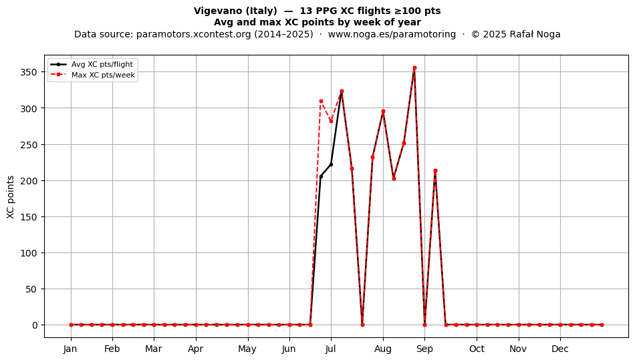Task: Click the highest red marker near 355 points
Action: [x=414, y=68]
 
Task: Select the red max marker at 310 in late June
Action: [x=321, y=101]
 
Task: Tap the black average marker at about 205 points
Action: [x=321, y=177]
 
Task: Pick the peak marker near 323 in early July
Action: [x=342, y=92]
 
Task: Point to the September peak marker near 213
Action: [x=435, y=171]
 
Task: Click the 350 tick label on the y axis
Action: [x=29, y=72]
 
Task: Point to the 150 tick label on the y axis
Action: [x=29, y=217]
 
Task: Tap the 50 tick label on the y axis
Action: [x=31, y=289]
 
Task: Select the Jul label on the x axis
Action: [x=330, y=349]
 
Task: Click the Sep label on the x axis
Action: [x=424, y=349]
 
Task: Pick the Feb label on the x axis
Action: [x=112, y=349]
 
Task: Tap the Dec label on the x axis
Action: [x=560, y=349]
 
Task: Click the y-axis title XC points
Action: [x=11, y=198]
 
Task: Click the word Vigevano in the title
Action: [x=215, y=11]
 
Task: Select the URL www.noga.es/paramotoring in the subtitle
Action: [x=392, y=34]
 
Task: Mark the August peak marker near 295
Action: [x=383, y=112]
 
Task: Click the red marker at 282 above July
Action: [x=332, y=122]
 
